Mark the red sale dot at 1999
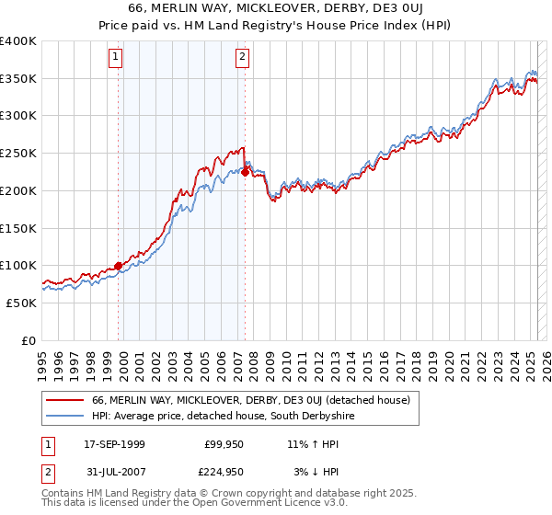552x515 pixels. click(x=119, y=266)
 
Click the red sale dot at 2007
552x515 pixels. click(x=246, y=172)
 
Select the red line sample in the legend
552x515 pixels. click(x=64, y=400)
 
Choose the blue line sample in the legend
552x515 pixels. click(x=64, y=417)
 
